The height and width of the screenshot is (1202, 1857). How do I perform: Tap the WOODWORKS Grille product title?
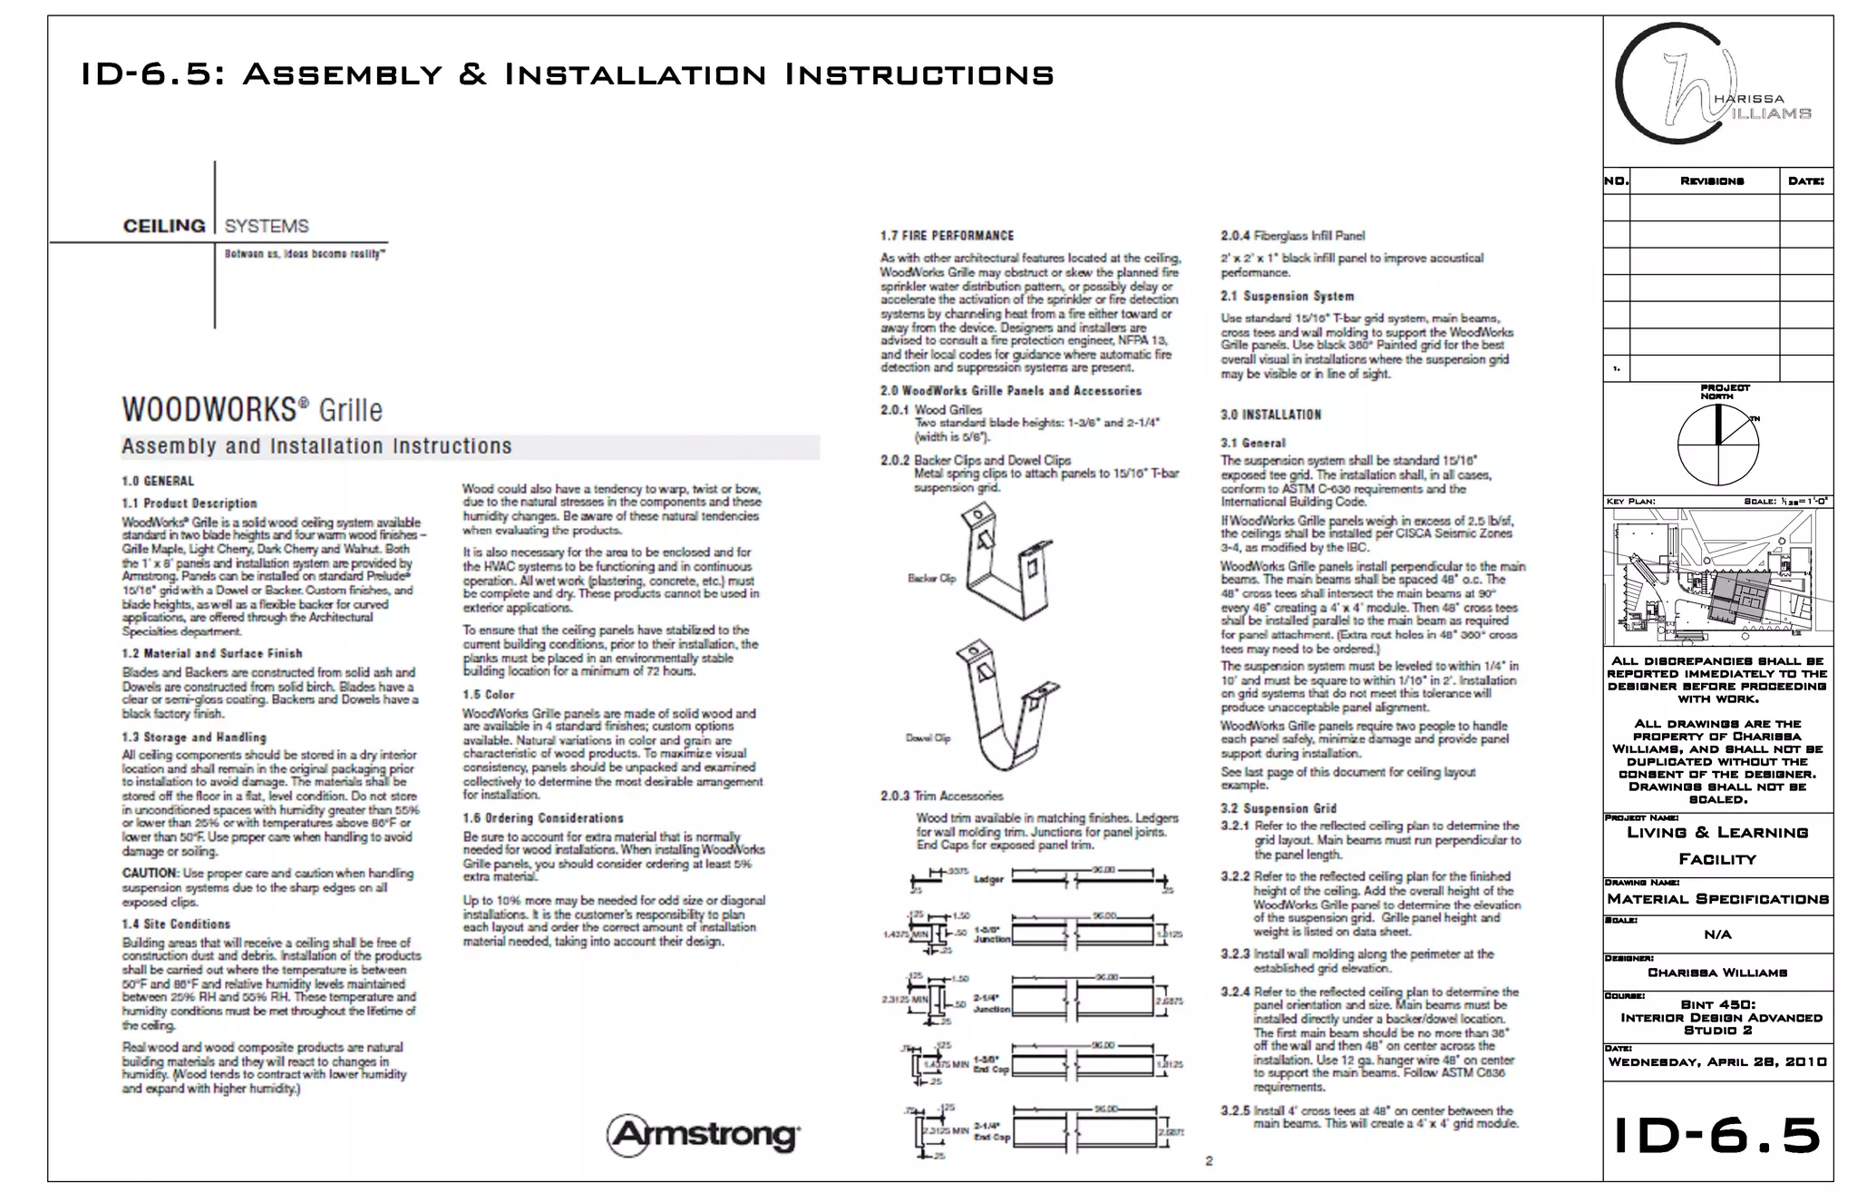252,409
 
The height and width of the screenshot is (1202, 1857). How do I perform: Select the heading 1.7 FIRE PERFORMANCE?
947,236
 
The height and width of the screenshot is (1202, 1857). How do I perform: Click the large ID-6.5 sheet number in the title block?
1717,1136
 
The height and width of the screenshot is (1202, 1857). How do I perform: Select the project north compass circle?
1717,445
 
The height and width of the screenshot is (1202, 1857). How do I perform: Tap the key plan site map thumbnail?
1717,577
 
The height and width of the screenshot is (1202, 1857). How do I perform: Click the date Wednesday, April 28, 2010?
1717,1062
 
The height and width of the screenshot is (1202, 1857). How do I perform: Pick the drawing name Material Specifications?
1717,899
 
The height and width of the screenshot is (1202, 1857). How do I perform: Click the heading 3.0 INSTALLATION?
1270,415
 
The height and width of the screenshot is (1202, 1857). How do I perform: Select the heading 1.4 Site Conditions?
176,924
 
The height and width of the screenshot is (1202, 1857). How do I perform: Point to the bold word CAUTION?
150,873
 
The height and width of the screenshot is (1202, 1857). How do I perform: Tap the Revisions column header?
1711,181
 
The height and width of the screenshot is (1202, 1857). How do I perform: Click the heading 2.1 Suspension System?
1287,297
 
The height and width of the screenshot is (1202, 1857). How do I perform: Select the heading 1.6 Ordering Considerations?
542,818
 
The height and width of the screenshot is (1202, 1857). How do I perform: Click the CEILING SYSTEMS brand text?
216,226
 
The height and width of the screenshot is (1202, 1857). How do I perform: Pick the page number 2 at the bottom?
1209,1160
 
